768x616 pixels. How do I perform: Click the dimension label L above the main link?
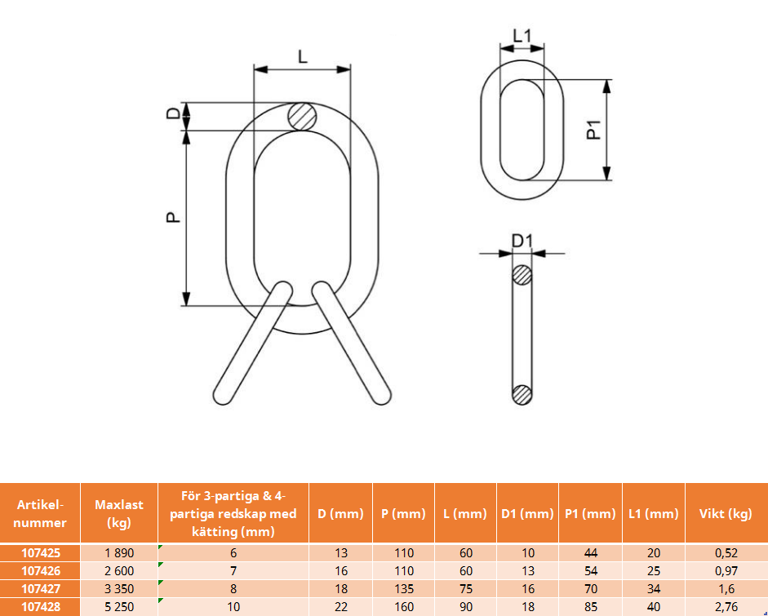pyautogui.click(x=303, y=57)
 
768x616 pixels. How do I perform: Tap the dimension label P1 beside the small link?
pyautogui.click(x=594, y=131)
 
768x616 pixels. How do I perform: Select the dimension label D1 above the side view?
pyautogui.click(x=522, y=242)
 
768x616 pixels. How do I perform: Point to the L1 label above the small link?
pyautogui.click(x=522, y=36)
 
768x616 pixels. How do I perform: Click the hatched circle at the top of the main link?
pyautogui.click(x=302, y=117)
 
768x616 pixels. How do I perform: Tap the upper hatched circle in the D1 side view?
pyautogui.click(x=522, y=275)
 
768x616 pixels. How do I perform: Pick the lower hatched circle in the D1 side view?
pyautogui.click(x=522, y=395)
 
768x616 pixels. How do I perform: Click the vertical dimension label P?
pyautogui.click(x=173, y=217)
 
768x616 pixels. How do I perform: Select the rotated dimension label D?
pyautogui.click(x=173, y=113)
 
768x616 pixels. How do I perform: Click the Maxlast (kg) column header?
pyautogui.click(x=119, y=513)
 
